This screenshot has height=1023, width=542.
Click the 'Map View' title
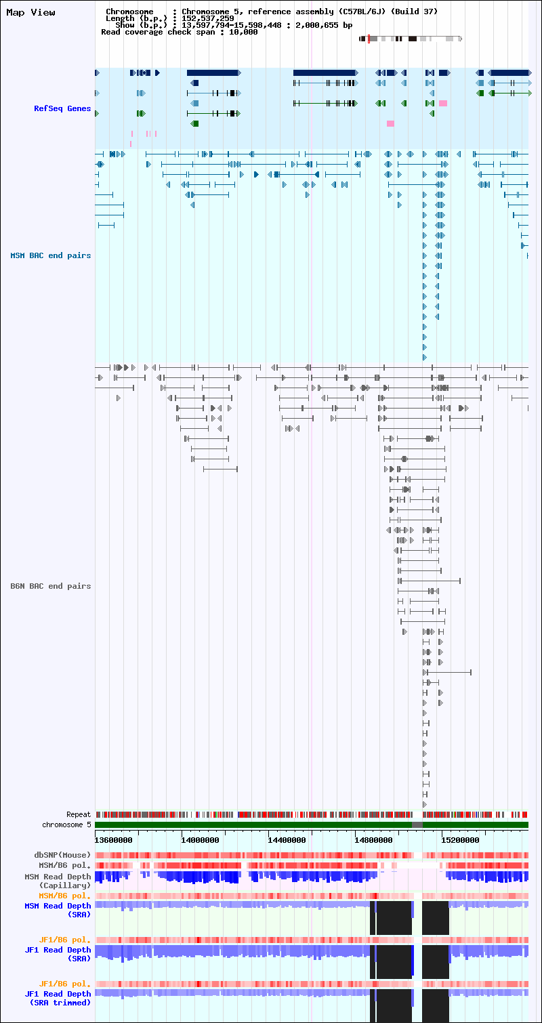[x=30, y=13]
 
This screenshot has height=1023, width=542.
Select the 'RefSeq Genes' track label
[x=62, y=108]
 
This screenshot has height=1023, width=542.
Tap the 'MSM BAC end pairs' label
[x=51, y=255]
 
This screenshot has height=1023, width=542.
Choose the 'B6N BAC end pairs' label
[x=51, y=586]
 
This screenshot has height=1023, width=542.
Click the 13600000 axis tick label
[x=114, y=840]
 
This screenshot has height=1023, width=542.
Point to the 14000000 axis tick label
[x=200, y=840]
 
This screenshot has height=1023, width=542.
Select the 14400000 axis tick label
[x=287, y=840]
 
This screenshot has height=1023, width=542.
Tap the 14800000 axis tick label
[x=373, y=840]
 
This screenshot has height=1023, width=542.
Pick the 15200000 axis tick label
[x=460, y=840]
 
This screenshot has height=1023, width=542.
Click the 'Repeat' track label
[x=79, y=814]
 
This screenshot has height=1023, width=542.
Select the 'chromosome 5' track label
[x=66, y=824]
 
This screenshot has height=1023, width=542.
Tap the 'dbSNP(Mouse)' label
[x=62, y=854]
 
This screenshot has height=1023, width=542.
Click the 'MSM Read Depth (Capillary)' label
[x=58, y=881]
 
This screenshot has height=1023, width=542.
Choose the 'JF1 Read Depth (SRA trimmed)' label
[x=58, y=998]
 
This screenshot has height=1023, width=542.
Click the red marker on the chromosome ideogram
[x=369, y=39]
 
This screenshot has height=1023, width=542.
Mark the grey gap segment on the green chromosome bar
[x=417, y=824]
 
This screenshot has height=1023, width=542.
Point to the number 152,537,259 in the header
[x=208, y=18]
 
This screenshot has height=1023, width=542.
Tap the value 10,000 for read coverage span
[x=243, y=32]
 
